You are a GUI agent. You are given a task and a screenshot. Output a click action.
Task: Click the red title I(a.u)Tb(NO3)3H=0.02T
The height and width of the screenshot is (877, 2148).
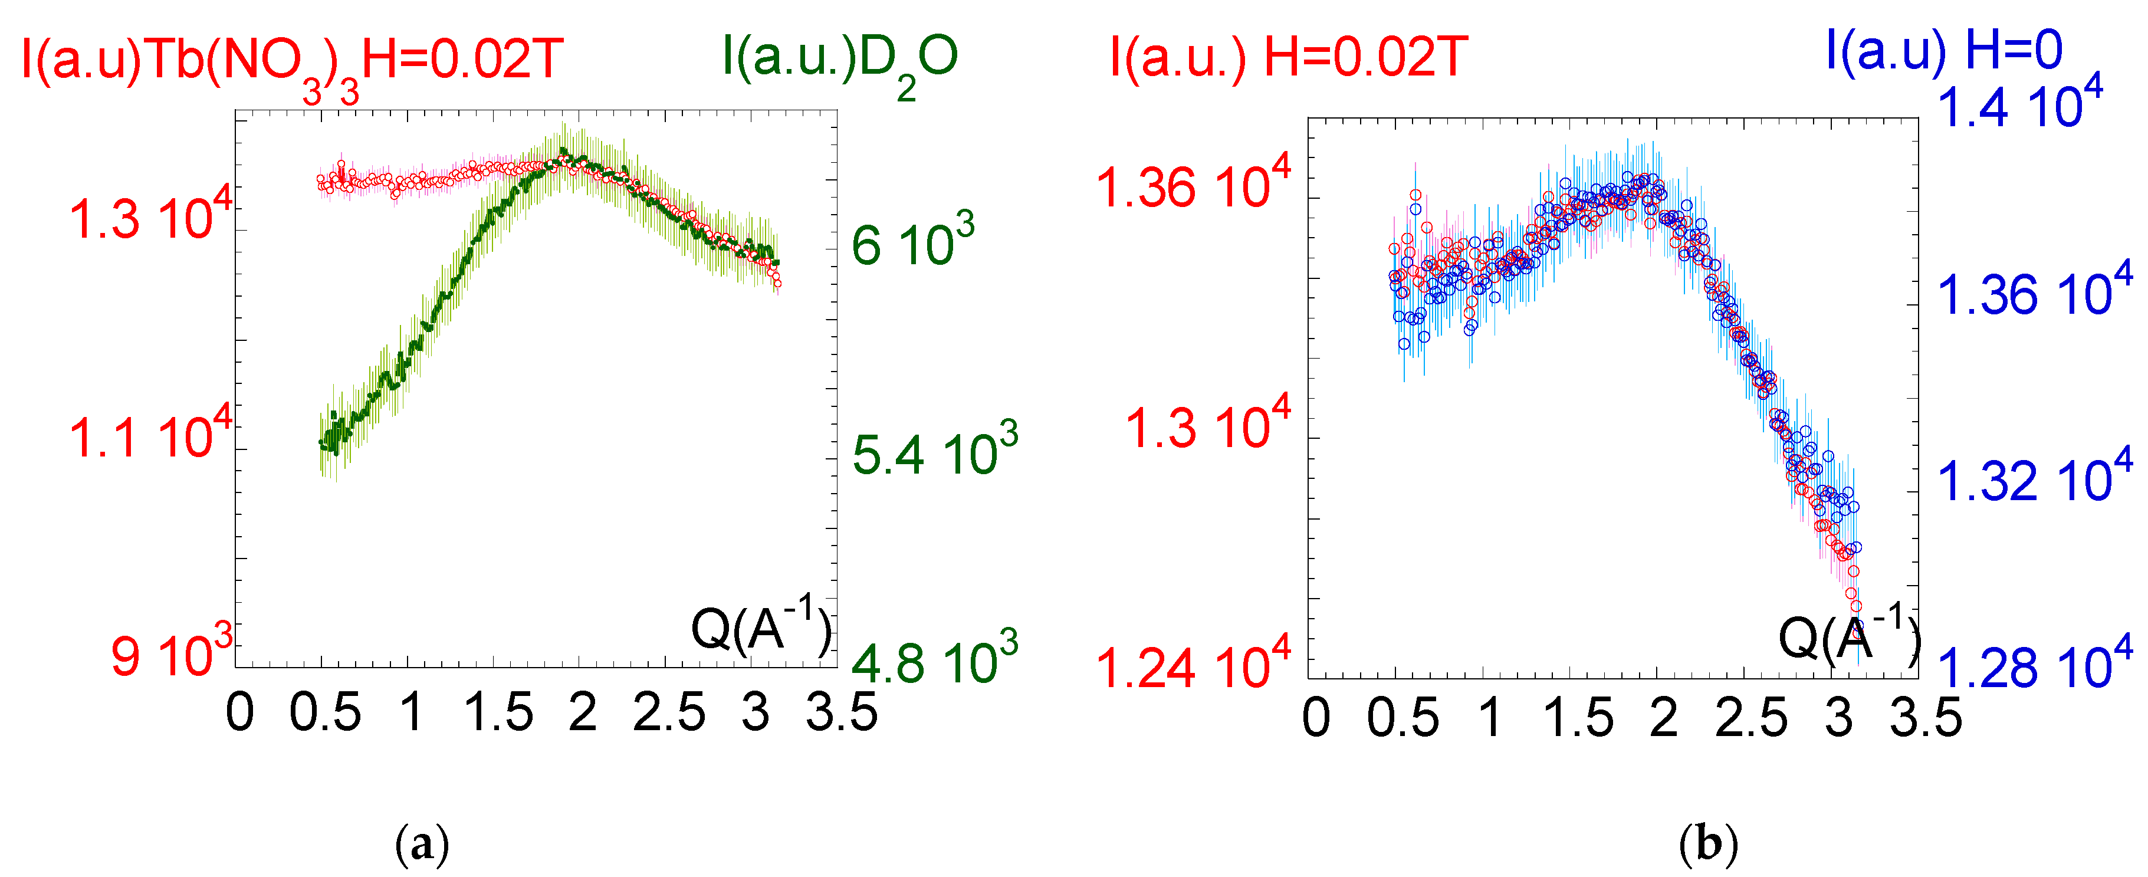point(292,62)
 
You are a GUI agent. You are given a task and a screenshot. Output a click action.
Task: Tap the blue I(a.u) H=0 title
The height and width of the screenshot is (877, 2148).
point(1943,50)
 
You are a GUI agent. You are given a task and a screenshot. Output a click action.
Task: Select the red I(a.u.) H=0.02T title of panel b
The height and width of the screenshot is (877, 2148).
point(1288,58)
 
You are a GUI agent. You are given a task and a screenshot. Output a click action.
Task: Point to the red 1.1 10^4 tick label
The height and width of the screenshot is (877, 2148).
point(150,435)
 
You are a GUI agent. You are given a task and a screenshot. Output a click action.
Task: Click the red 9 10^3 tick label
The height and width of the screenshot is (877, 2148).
point(171,653)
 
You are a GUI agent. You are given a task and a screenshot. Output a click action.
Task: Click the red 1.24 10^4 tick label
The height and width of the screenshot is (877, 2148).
point(1193,665)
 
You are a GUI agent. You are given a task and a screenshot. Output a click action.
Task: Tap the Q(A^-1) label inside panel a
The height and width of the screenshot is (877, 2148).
point(760,626)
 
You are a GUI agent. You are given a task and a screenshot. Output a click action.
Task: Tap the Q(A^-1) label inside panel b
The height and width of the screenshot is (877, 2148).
point(1848,635)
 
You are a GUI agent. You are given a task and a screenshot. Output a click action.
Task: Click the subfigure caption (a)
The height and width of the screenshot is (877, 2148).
point(421,845)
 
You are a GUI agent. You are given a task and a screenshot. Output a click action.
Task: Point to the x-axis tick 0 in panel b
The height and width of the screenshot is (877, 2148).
point(1316,718)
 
